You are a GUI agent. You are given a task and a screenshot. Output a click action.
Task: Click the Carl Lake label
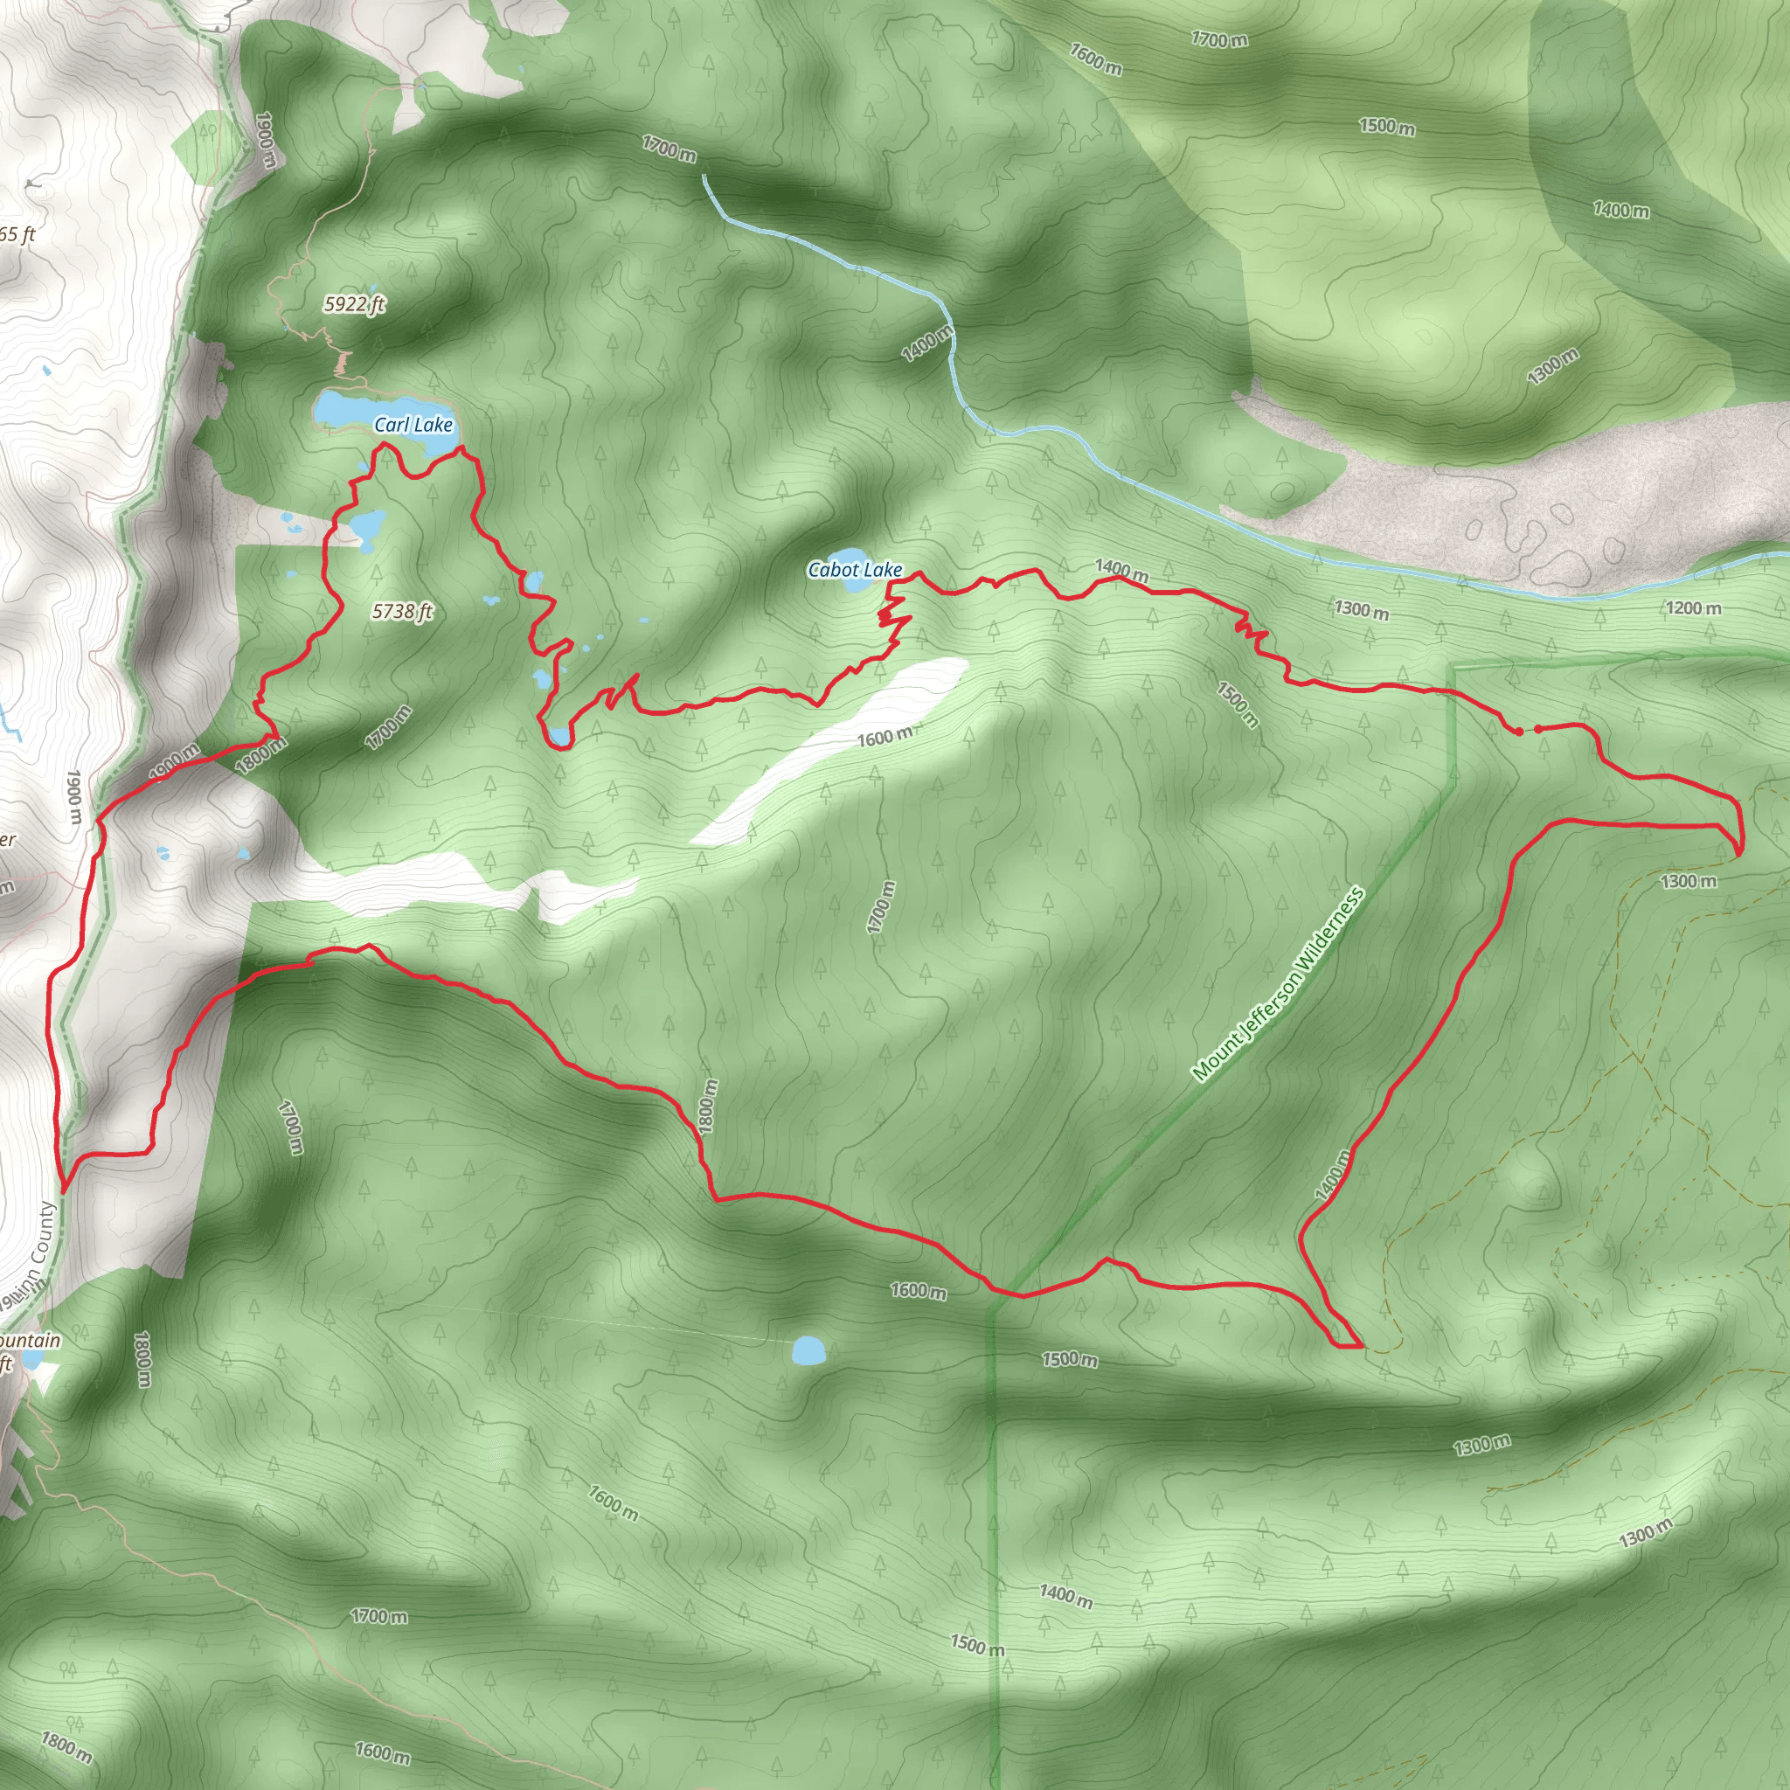[x=413, y=426]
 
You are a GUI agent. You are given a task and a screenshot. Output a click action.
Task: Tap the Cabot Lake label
[x=854, y=570]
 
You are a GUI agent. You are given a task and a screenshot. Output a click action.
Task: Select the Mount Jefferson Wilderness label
[x=1278, y=985]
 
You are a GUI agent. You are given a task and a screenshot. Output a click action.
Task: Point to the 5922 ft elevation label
[x=354, y=304]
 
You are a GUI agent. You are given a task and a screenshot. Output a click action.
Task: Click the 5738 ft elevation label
[x=402, y=612]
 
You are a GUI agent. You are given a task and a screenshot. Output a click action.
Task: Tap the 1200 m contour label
[x=1694, y=608]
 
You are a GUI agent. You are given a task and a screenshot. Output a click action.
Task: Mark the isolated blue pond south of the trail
[x=808, y=1349]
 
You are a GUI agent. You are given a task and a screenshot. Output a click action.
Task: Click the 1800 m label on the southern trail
[x=709, y=1107]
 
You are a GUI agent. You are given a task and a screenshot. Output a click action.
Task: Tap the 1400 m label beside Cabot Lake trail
[x=1121, y=571]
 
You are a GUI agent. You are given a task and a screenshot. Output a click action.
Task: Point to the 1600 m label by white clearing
[x=884, y=738]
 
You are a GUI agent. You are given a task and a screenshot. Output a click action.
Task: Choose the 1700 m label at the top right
[x=1219, y=39]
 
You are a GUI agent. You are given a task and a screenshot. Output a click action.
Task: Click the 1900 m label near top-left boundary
[x=265, y=140]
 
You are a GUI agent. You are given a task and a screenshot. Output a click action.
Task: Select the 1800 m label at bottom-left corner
[x=66, y=1746]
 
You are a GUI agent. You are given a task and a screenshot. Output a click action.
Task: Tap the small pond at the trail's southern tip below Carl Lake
[x=559, y=737]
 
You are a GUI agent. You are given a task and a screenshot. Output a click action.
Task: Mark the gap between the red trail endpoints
[x=1528, y=731]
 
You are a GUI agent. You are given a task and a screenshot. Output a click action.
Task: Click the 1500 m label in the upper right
[x=1386, y=126]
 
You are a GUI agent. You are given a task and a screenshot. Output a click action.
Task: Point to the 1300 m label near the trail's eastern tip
[x=1688, y=881]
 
